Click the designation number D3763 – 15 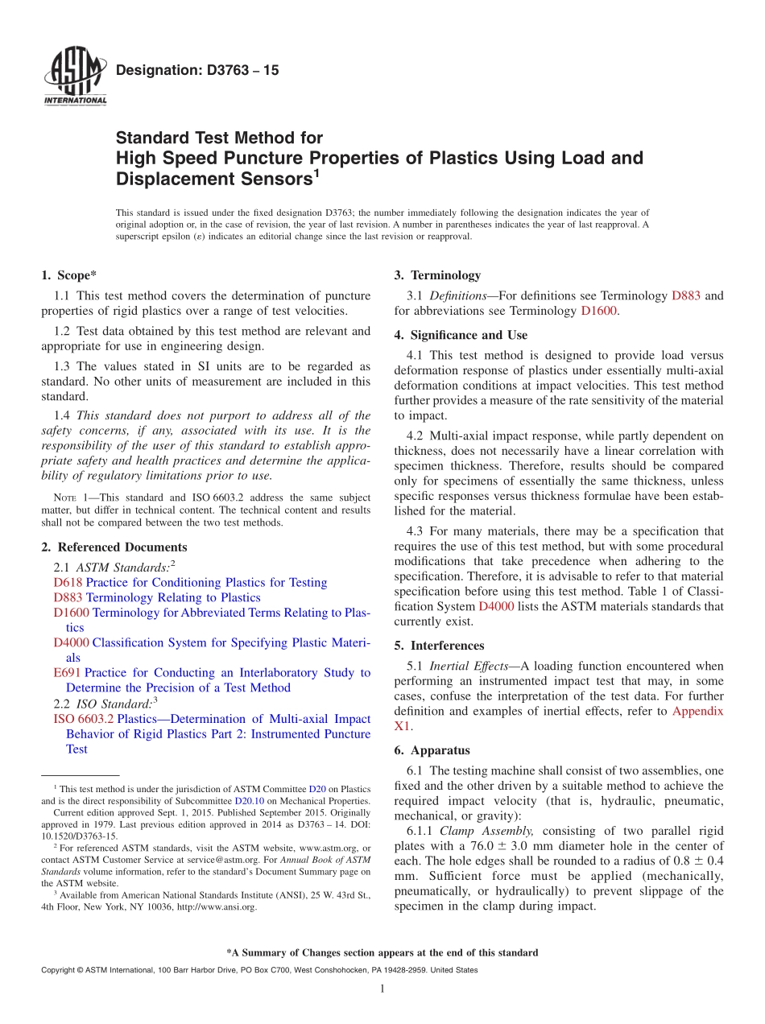click(197, 71)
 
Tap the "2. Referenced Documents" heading click(114, 547)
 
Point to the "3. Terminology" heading click(437, 275)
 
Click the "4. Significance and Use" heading click(461, 335)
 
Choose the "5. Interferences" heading click(439, 646)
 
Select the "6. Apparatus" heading click(432, 750)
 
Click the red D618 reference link click(68, 583)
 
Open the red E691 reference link click(68, 673)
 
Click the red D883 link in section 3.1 click(686, 296)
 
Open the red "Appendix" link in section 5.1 click(697, 711)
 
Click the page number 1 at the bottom click(382, 989)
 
